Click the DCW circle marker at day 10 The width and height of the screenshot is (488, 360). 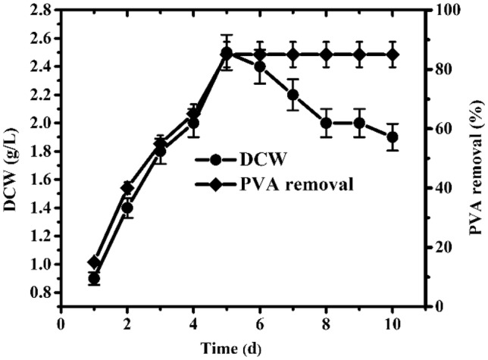[393, 137]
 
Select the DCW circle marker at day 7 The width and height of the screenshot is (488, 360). [293, 95]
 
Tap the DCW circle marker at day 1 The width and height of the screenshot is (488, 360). [94, 279]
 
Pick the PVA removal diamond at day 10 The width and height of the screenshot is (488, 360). [393, 55]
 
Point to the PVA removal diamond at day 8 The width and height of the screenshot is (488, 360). [327, 55]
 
